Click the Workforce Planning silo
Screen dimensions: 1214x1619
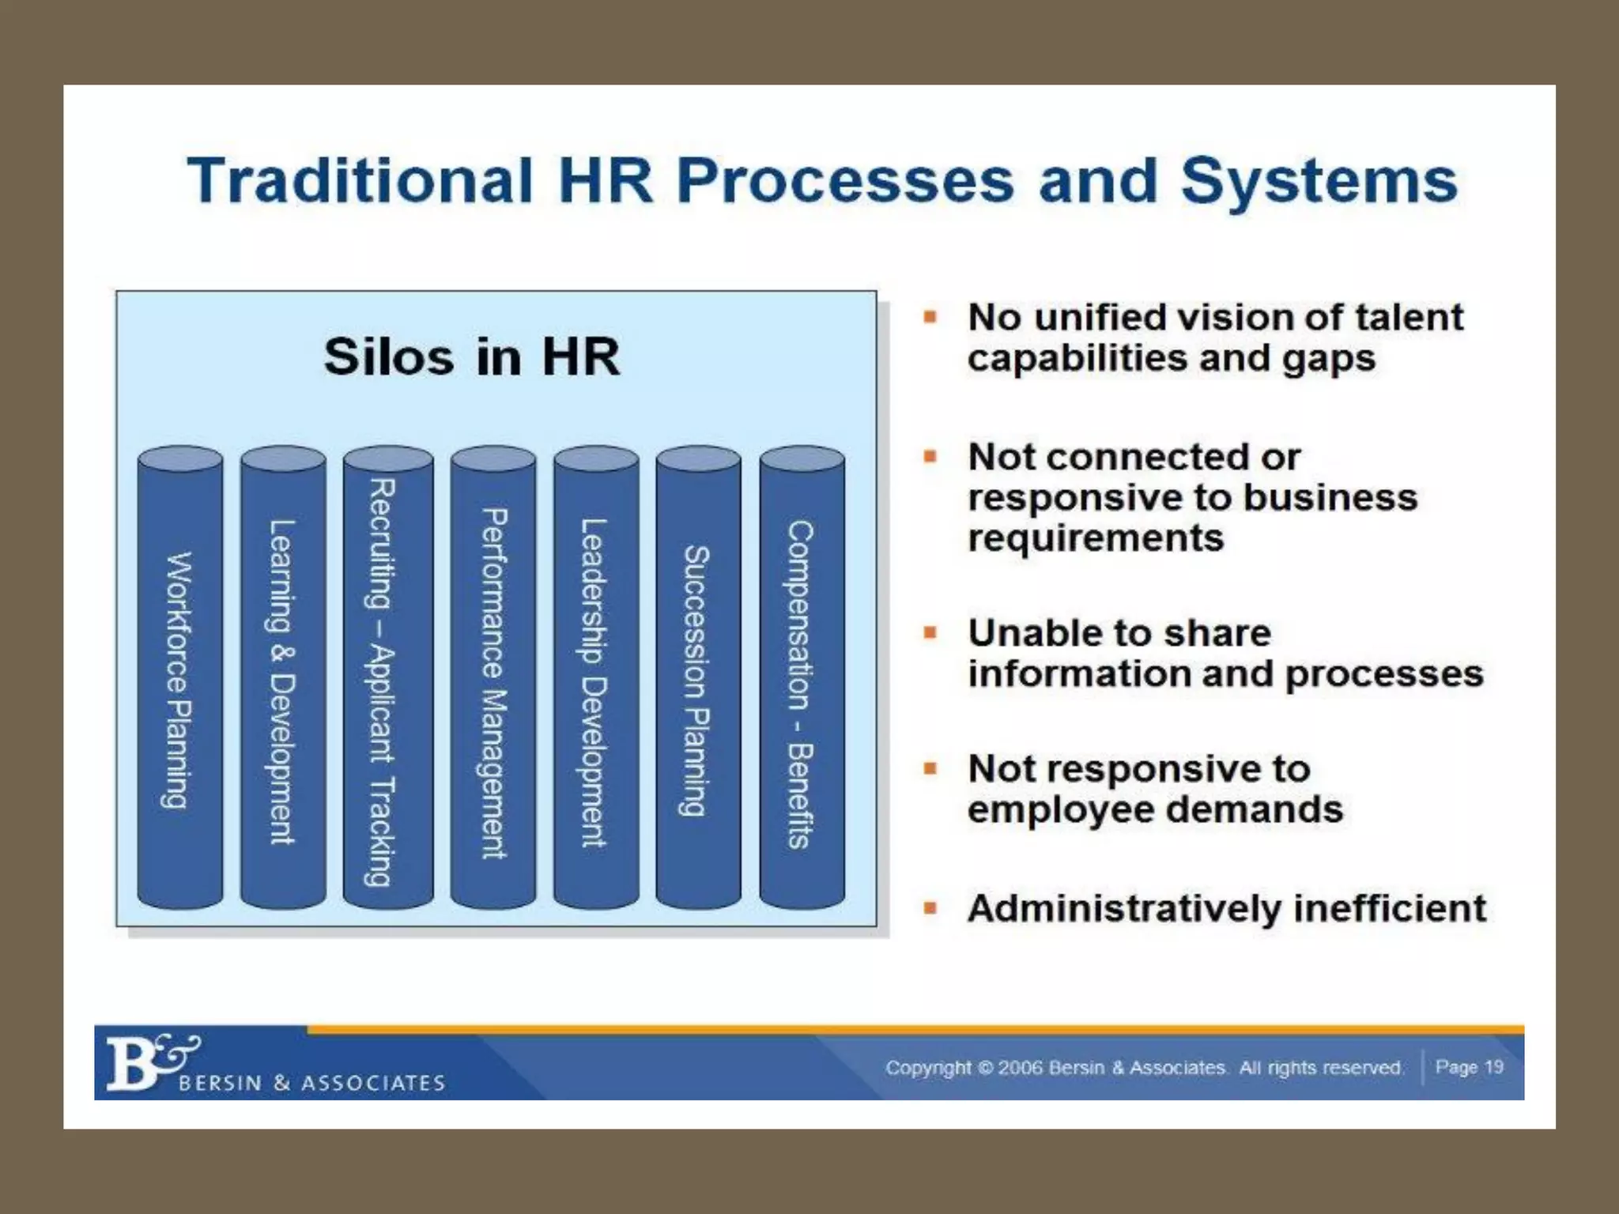click(179, 680)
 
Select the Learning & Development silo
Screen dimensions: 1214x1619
click(282, 680)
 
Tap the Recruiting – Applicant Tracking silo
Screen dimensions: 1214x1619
click(387, 680)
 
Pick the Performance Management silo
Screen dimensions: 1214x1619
click(492, 680)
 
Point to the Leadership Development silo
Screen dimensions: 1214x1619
click(595, 680)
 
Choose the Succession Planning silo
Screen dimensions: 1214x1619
click(698, 680)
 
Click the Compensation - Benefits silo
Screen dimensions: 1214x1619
click(802, 680)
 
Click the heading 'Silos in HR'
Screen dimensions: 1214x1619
click(472, 356)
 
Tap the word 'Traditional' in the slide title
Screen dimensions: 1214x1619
click(360, 180)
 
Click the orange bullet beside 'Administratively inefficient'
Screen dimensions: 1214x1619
click(930, 908)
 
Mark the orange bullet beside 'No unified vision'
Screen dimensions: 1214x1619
click(930, 318)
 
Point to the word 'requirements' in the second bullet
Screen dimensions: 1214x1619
click(1096, 538)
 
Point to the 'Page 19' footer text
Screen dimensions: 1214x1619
click(1469, 1067)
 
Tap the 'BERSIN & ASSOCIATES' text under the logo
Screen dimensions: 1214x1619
click(312, 1083)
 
